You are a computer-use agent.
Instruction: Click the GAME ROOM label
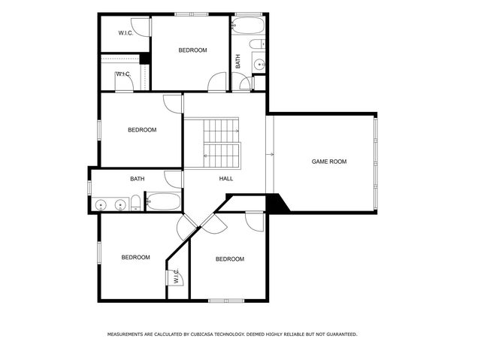pos(329,162)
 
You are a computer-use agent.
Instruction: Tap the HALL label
pos(226,178)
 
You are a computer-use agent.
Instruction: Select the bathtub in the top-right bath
pos(248,26)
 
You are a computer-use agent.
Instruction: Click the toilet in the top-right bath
pos(257,44)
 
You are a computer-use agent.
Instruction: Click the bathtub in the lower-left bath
pos(163,201)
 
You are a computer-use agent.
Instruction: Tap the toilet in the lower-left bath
pos(135,203)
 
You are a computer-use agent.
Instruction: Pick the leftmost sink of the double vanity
pos(101,205)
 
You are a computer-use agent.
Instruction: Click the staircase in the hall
pos(221,144)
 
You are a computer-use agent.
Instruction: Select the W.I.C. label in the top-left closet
pos(126,33)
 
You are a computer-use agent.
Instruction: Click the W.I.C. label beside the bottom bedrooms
pos(176,276)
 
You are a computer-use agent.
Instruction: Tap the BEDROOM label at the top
pos(192,50)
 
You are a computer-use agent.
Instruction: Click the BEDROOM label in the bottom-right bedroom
pos(230,259)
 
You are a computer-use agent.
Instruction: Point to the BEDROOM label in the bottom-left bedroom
pos(135,257)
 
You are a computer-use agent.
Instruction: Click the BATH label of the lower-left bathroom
pos(137,179)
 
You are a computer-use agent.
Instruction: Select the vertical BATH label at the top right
pos(238,62)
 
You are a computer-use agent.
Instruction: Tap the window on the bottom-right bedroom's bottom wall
pos(226,301)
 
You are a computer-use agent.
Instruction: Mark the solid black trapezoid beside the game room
pos(277,203)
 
